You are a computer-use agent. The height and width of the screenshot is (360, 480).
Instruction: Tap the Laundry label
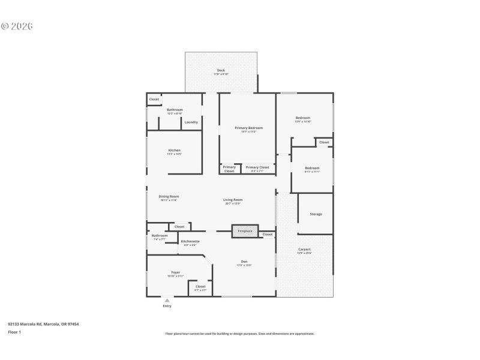coord(191,122)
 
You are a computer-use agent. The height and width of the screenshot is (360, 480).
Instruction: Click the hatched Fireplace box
coord(245,231)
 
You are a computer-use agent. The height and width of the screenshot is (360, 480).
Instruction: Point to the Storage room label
coord(316,214)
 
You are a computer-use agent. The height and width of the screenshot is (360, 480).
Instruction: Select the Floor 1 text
coord(14,332)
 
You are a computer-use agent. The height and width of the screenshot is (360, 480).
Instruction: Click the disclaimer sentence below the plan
coord(239,334)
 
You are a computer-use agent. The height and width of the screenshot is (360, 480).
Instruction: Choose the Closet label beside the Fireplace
coord(267,234)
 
